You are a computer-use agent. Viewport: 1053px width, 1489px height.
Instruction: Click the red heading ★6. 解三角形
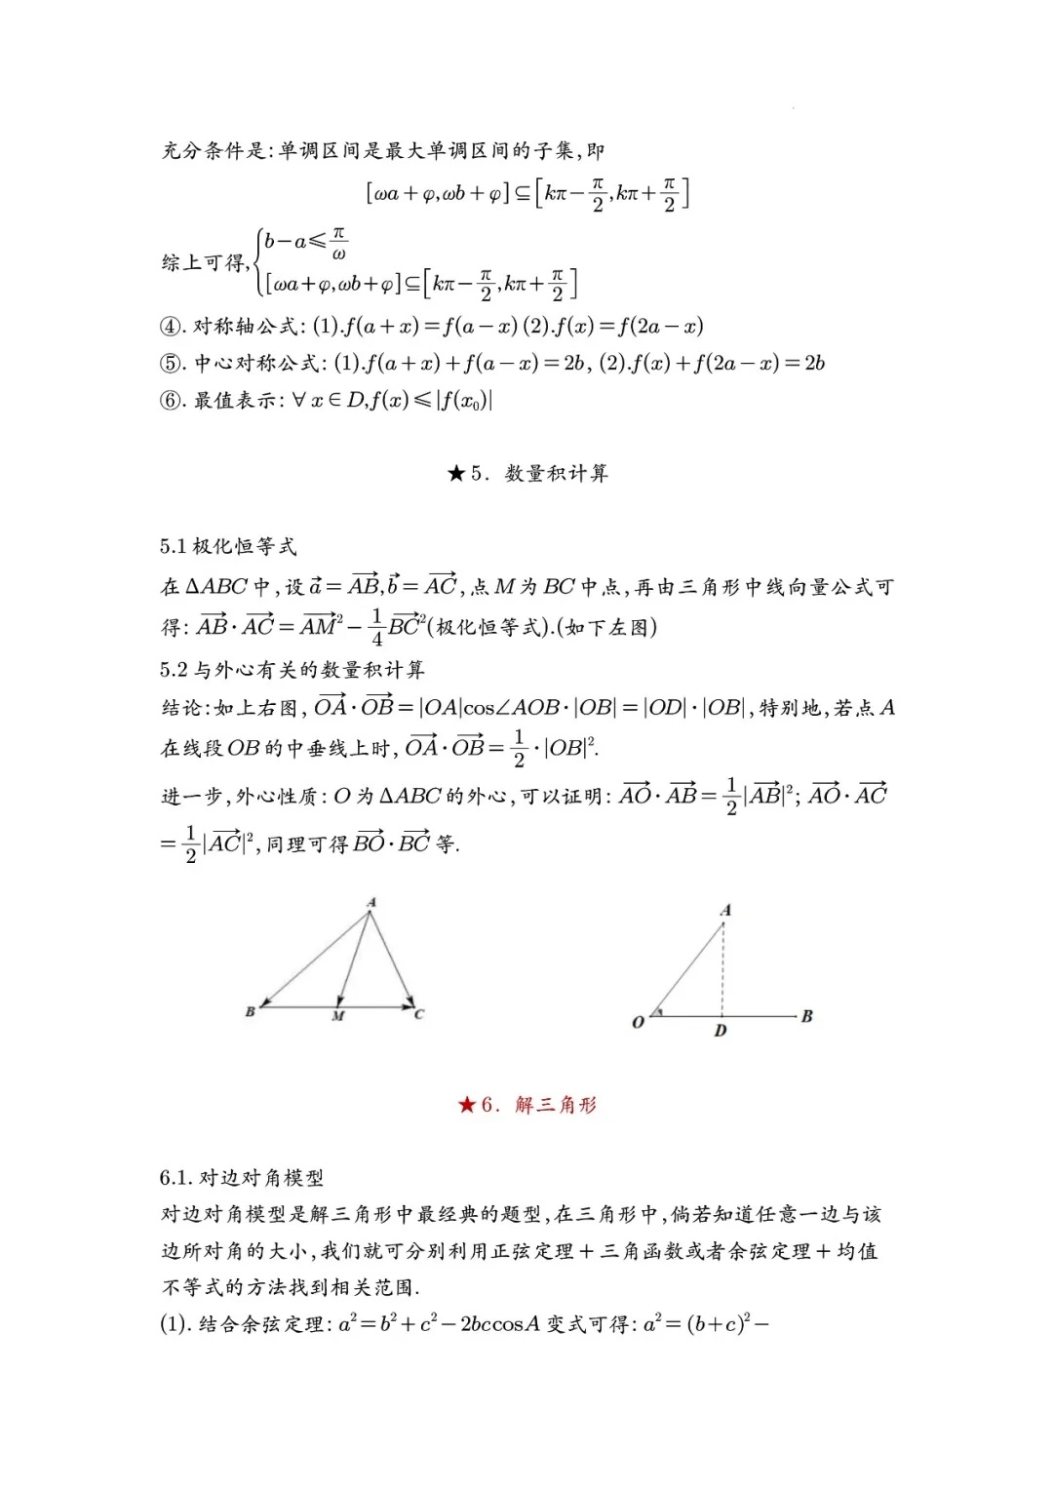point(527,1105)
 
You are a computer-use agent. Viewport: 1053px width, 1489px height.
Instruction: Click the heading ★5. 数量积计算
point(527,474)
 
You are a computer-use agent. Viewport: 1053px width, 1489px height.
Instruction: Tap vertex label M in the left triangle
point(338,1016)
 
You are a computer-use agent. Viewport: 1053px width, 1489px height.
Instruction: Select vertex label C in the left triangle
point(419,1014)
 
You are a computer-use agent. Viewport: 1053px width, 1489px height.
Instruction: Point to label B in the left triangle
point(250,1012)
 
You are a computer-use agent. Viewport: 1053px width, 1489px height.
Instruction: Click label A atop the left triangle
point(371,903)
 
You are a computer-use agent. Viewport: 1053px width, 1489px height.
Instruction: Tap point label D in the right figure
point(721,1031)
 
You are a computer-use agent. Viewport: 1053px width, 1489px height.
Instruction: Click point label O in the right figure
point(639,1023)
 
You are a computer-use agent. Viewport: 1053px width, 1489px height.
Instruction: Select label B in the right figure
point(806,1016)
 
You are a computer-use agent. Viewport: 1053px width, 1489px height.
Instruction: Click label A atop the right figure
point(725,911)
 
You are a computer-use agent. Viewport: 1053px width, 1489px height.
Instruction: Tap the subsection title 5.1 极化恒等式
point(228,547)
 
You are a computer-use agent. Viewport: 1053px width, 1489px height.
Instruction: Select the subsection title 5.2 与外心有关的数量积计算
point(292,670)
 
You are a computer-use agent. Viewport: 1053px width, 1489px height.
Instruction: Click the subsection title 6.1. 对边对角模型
point(242,1178)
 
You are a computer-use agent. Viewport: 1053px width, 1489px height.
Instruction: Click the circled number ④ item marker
point(171,327)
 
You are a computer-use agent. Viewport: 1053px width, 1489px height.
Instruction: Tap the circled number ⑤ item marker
point(171,364)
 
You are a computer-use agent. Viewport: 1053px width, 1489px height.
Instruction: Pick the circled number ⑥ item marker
point(171,401)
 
